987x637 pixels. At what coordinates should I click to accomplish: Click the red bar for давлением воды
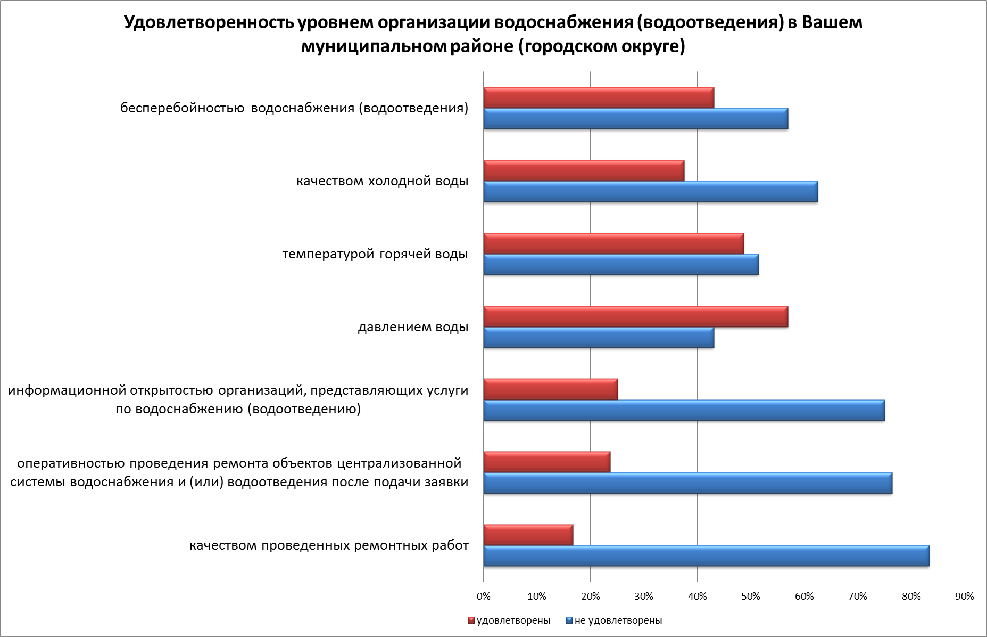tap(635, 317)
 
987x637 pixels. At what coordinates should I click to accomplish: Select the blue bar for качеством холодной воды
tap(650, 192)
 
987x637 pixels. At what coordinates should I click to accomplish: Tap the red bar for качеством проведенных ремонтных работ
tap(528, 535)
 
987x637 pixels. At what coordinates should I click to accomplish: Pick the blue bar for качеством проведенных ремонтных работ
tap(706, 556)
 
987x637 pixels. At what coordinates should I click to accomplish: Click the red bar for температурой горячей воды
tap(613, 244)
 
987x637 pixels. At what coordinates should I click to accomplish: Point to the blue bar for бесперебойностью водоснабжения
tap(635, 119)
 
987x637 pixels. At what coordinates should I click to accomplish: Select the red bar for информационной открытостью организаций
tap(550, 389)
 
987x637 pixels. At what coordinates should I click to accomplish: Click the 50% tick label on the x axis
tap(751, 597)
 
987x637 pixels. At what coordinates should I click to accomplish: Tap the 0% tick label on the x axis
tap(483, 597)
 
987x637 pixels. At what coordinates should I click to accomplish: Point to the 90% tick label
tap(964, 597)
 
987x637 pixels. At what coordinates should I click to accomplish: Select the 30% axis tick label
tap(644, 597)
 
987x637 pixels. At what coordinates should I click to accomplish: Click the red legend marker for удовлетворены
tap(471, 620)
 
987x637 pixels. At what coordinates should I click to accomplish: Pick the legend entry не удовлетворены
tap(618, 620)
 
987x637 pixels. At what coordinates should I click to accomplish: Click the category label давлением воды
tap(413, 327)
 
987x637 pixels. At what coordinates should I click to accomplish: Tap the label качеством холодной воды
tap(382, 181)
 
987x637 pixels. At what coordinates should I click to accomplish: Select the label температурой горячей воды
tap(375, 254)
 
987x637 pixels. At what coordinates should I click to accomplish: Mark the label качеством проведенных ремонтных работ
tap(329, 546)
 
